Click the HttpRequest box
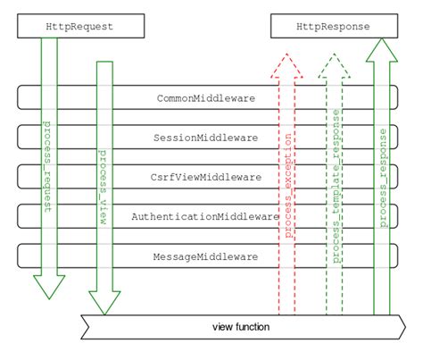click(79, 27)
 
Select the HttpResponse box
click(335, 27)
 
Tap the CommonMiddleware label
click(208, 98)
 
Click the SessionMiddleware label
click(208, 138)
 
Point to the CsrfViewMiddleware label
click(207, 177)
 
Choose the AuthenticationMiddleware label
click(206, 216)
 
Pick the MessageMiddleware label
click(208, 256)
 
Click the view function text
click(241, 326)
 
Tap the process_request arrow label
click(49, 165)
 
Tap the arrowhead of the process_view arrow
click(105, 304)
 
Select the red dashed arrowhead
click(288, 64)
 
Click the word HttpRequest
click(79, 27)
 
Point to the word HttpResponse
click(335, 27)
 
